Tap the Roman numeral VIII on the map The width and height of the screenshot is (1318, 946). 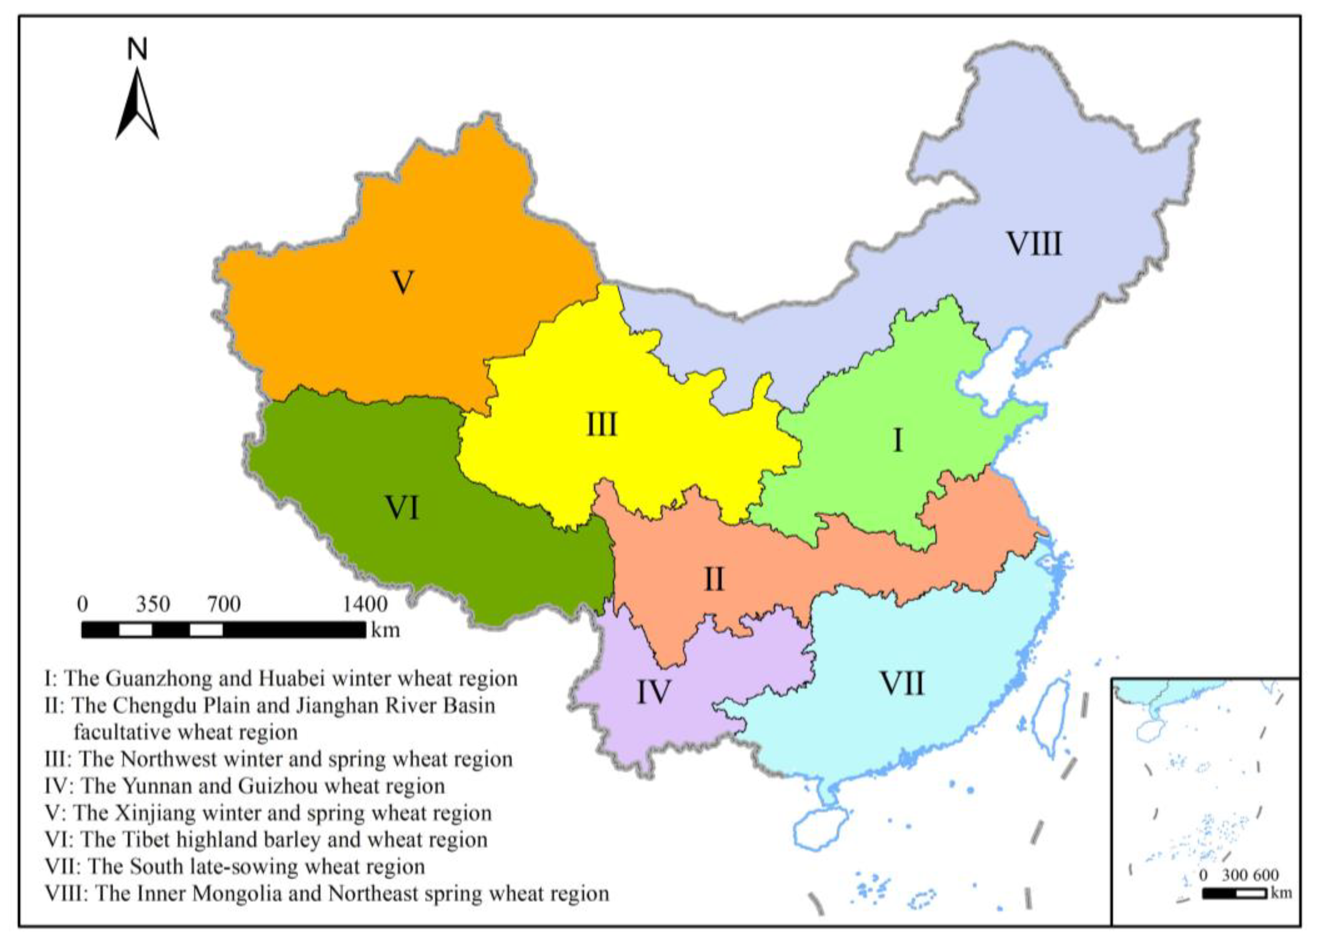[1034, 244]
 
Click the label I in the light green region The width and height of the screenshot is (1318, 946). [897, 440]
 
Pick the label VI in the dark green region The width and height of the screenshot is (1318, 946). [402, 508]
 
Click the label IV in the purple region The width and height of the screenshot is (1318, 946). [654, 692]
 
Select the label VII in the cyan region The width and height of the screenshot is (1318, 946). [901, 683]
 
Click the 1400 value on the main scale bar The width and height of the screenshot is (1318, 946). [365, 605]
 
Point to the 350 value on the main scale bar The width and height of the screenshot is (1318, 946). [153, 605]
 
